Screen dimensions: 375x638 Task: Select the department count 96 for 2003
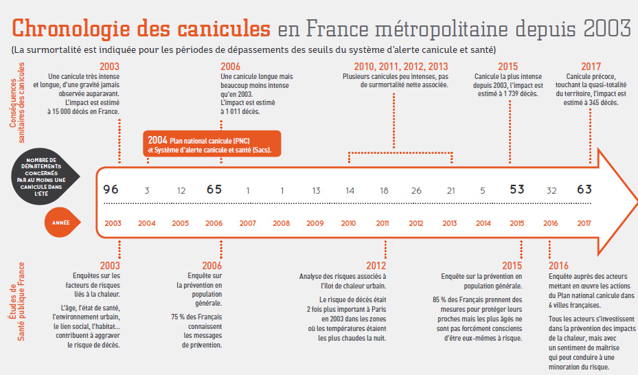tap(112, 190)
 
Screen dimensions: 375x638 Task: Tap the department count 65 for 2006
tap(214, 190)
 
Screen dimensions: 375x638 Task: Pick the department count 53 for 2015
tap(516, 190)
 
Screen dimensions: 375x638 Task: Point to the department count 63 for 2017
tap(584, 190)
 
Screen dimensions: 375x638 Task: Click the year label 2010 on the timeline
tap(350, 223)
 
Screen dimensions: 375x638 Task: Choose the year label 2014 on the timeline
tap(483, 223)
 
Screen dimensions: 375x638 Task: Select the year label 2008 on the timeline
tap(282, 223)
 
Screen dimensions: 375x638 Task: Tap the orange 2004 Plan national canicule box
tap(212, 144)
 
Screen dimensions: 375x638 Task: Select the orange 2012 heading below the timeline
tap(376, 266)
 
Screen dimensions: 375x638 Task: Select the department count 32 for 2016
tap(551, 190)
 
